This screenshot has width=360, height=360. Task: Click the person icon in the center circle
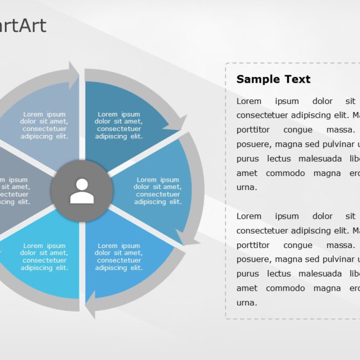[82, 191]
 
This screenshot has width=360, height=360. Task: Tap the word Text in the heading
[295, 79]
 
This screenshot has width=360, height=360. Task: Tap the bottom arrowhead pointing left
[92, 306]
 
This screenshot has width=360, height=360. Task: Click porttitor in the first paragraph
[253, 130]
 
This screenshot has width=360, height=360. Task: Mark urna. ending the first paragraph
[247, 187]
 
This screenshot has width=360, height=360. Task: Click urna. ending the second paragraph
[247, 303]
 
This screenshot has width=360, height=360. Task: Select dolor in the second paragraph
[323, 217]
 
